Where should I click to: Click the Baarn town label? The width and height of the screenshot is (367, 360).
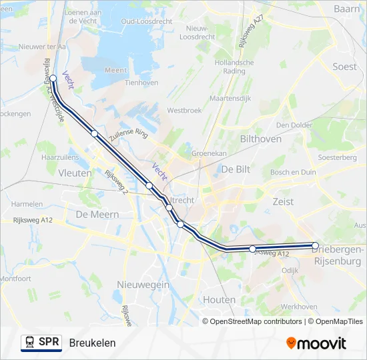(347, 9)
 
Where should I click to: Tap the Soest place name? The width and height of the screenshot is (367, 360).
(344, 67)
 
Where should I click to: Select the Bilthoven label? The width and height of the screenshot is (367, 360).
(260, 139)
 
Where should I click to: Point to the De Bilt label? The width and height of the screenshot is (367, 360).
(236, 169)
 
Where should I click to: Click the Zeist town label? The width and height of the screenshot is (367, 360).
(283, 201)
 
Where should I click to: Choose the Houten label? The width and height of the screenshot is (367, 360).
(219, 299)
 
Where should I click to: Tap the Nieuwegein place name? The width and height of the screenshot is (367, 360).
(143, 284)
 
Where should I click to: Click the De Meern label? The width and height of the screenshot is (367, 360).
(97, 215)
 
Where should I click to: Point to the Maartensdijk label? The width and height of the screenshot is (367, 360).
(230, 98)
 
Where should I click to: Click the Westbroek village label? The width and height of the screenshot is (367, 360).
(184, 110)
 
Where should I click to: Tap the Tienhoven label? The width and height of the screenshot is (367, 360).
(141, 83)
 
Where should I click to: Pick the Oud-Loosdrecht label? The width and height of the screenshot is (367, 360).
(147, 21)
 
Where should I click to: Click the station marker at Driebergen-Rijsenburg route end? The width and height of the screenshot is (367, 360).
(316, 245)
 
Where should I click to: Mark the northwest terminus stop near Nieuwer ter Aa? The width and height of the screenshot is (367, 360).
(53, 78)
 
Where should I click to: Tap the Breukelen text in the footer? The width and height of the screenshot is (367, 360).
(92, 343)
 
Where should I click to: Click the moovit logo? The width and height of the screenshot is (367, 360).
(316, 343)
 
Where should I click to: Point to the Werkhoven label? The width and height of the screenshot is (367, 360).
(299, 307)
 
